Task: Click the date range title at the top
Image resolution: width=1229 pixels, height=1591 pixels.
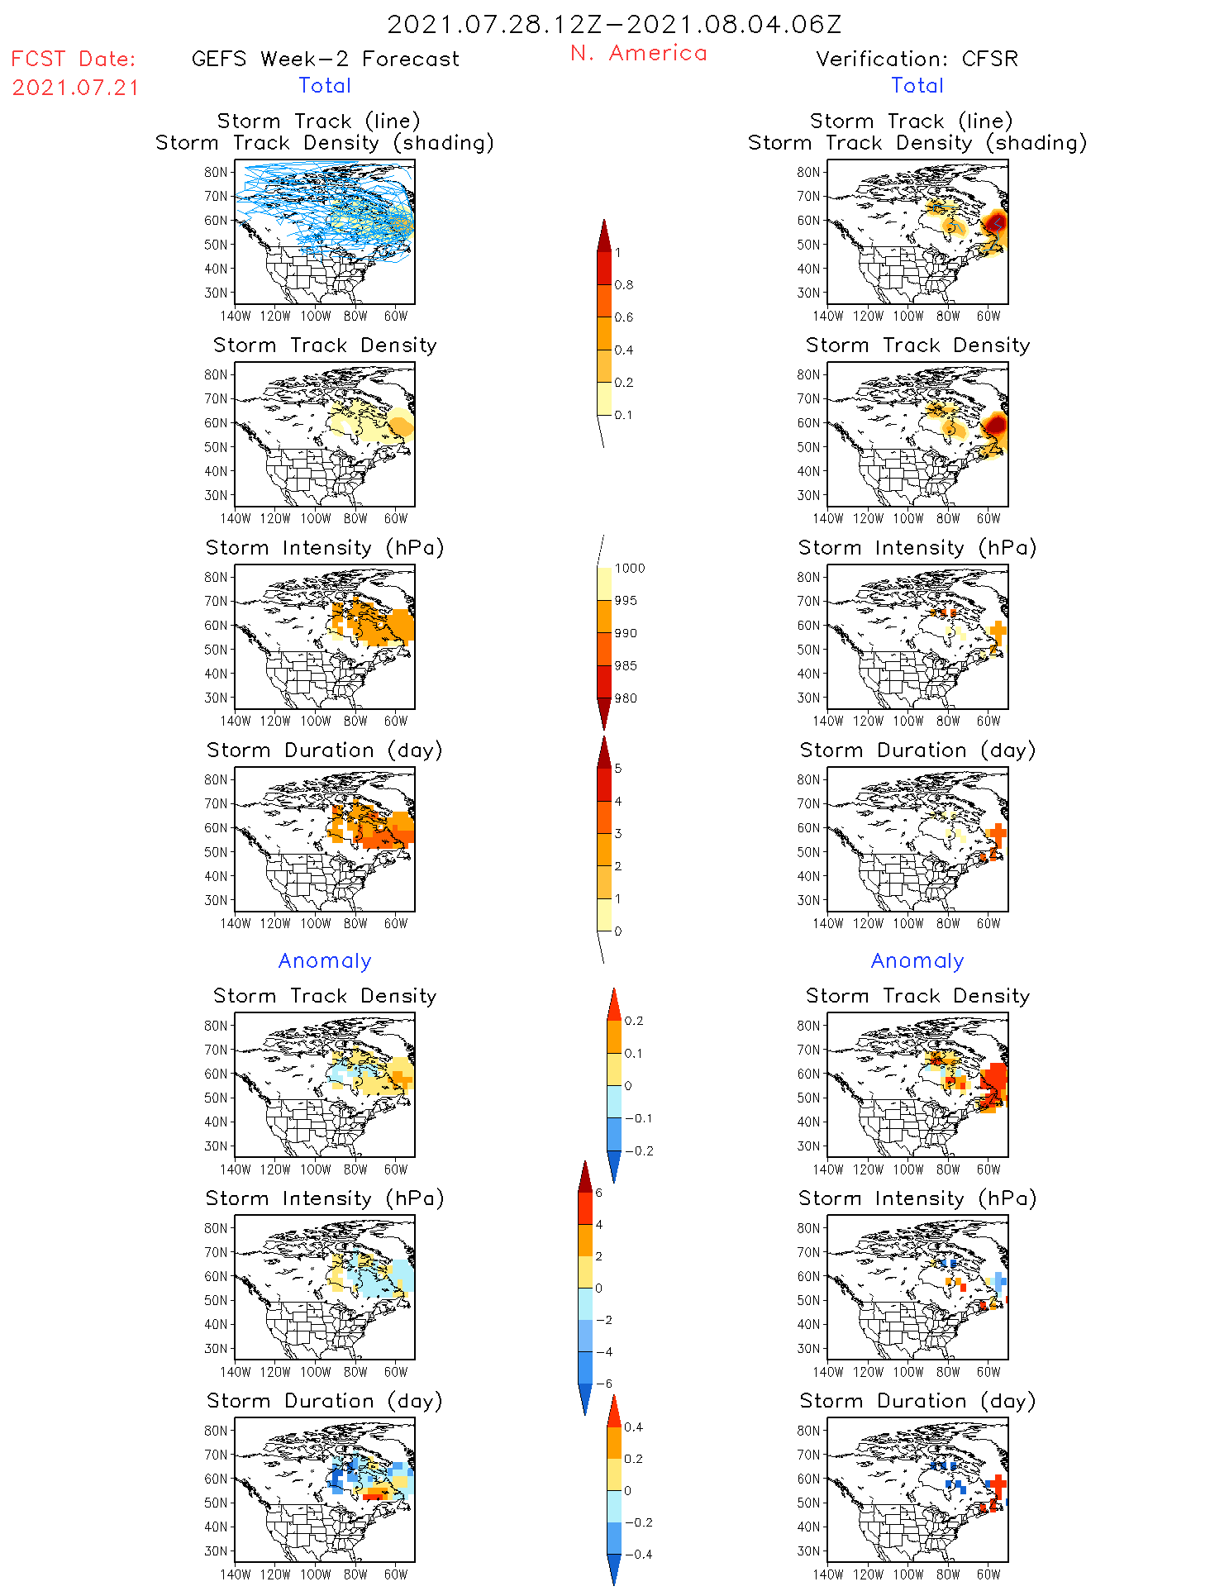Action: [614, 24]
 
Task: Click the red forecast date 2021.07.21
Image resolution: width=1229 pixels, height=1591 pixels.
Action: [75, 88]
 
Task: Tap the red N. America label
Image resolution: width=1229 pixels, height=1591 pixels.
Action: [638, 53]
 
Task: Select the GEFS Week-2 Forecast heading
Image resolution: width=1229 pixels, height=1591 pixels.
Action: [325, 59]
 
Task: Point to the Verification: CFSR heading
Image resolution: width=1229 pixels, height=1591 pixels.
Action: [917, 59]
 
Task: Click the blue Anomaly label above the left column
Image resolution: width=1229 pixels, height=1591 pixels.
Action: [325, 960]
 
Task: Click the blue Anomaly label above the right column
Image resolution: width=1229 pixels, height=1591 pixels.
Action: [917, 960]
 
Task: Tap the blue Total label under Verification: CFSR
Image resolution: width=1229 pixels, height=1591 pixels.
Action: [917, 85]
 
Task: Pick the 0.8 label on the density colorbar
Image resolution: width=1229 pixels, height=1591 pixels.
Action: [624, 285]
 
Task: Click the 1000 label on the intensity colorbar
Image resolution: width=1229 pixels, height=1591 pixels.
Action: [629, 569]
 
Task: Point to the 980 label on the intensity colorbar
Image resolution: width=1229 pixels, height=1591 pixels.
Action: [626, 698]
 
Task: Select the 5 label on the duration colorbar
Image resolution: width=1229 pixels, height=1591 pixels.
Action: [618, 769]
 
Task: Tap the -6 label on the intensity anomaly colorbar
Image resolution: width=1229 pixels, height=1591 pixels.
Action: [604, 1384]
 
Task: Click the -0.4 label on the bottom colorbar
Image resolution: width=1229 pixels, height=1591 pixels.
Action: [637, 1554]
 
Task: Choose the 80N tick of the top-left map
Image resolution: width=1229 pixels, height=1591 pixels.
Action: [216, 172]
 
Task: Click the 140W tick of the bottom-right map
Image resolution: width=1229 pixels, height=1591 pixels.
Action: [828, 1574]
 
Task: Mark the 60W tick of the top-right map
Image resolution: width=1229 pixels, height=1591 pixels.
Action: [988, 316]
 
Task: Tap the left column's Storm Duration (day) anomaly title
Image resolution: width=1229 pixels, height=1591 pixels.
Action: [325, 1401]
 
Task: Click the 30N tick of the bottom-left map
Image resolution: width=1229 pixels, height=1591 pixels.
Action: [216, 1551]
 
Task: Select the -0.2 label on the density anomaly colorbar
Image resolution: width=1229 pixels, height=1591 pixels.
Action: [638, 1150]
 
